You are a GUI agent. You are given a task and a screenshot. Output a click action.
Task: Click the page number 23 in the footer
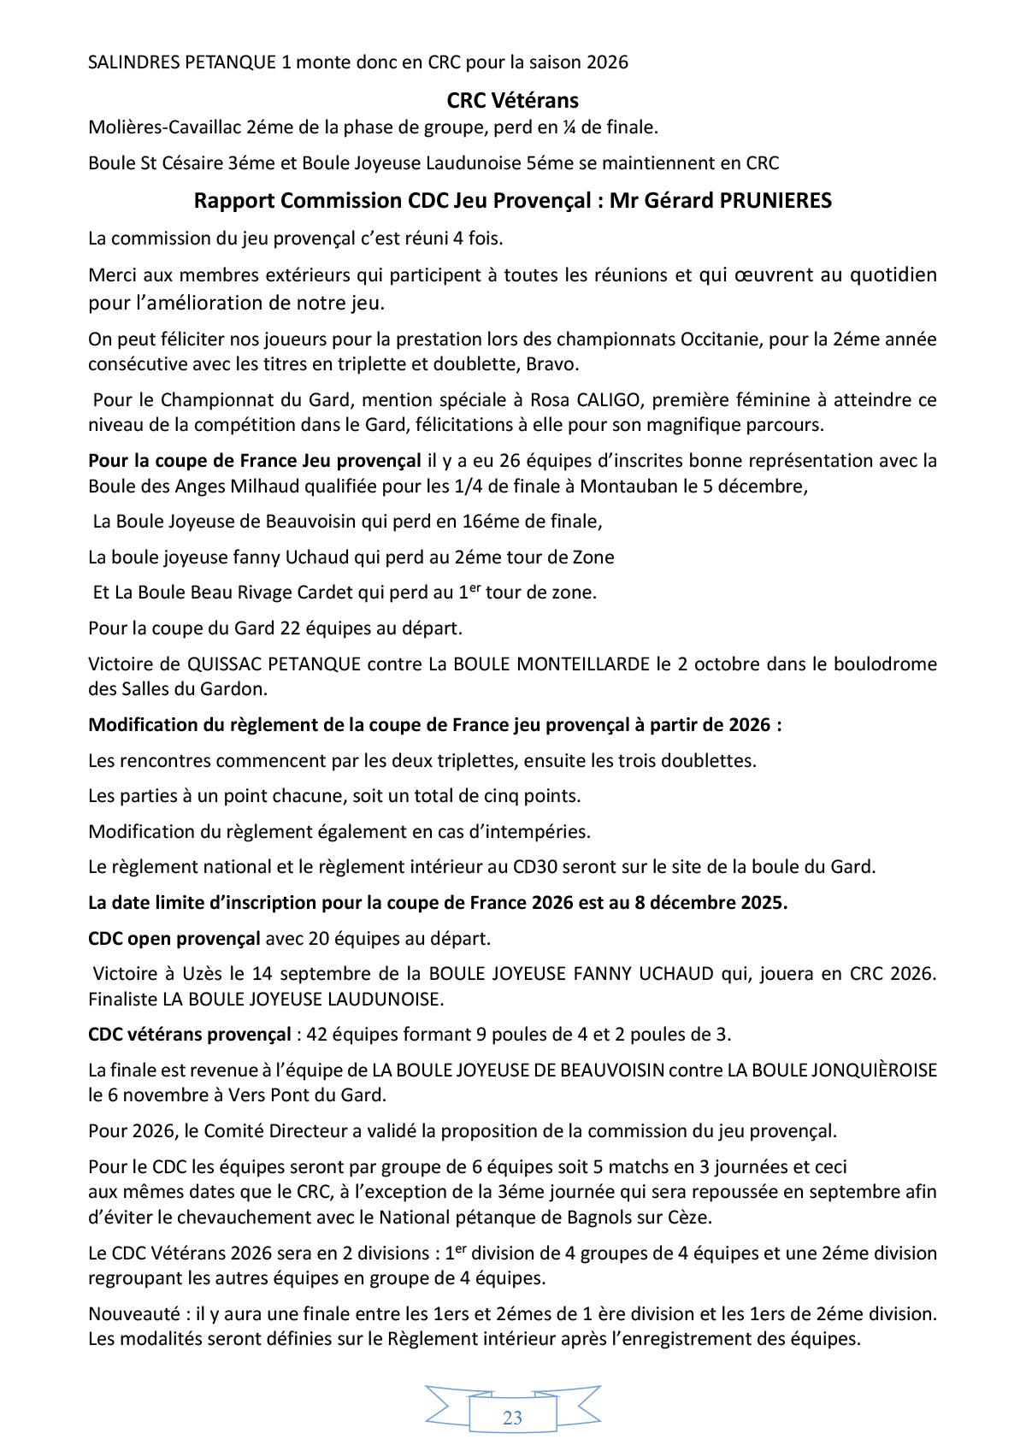point(512,1418)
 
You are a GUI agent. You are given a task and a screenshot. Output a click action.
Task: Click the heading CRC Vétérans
point(512,100)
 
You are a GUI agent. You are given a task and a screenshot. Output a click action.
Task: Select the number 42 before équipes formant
point(316,1035)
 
